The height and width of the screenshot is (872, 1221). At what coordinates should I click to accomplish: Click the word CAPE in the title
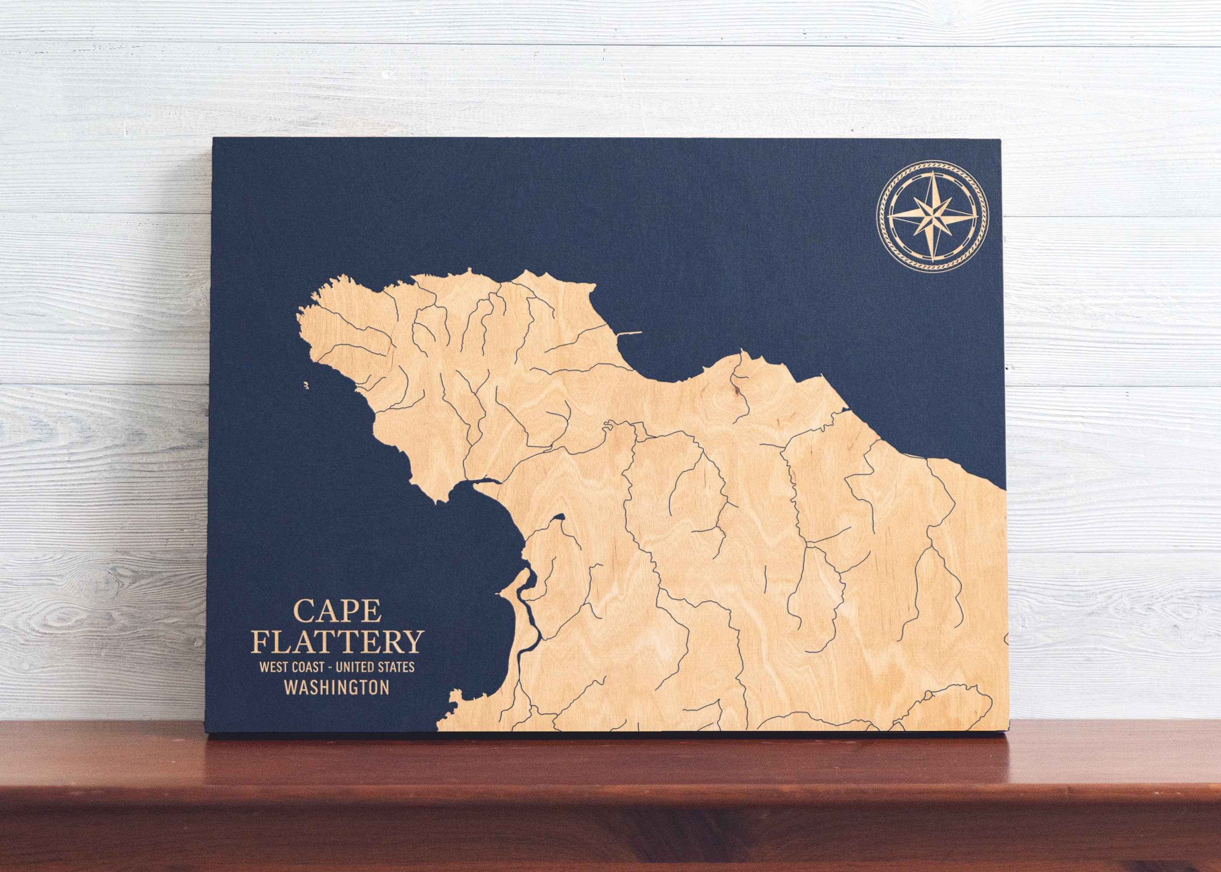click(x=337, y=611)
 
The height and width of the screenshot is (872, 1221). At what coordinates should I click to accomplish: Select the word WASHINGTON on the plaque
click(x=337, y=688)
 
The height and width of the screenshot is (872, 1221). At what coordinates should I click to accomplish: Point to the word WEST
click(x=273, y=668)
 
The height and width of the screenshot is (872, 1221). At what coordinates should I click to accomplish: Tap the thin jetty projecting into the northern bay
click(x=629, y=334)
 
